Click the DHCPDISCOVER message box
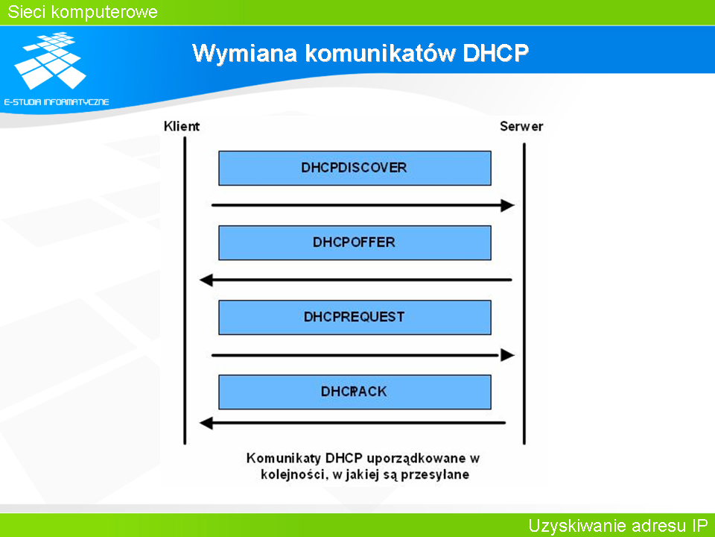pos(355,168)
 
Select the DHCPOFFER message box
pos(355,242)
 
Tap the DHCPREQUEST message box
pos(355,318)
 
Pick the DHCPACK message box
pos(355,392)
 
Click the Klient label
pos(182,126)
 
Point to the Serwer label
pos(521,126)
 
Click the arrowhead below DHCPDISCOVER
pos(507,206)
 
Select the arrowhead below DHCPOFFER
pos(206,280)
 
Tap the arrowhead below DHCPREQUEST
pos(507,355)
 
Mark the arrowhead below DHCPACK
pos(206,424)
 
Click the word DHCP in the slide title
pos(496,53)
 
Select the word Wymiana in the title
pos(244,53)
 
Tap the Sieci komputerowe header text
pos(83,12)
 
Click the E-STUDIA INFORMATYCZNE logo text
pos(57,102)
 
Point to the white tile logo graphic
pos(51,60)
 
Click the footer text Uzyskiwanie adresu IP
pos(618,526)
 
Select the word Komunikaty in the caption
pos(284,459)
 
